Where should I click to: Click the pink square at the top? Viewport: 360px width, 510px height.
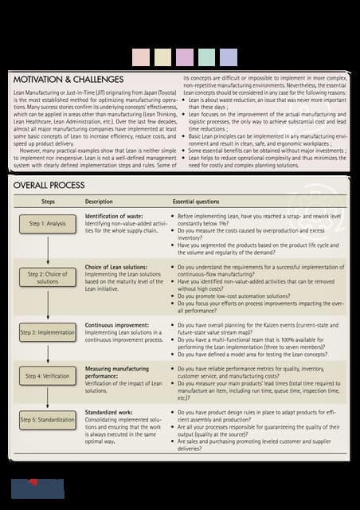click(141, 57)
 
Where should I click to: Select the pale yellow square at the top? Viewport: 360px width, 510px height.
click(162, 57)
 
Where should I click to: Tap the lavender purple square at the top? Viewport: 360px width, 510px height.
click(184, 57)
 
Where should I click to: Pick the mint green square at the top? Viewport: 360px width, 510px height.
click(206, 57)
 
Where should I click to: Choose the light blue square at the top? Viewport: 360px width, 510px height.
click(228, 57)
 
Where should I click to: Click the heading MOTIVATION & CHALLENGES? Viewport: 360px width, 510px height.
click(68, 80)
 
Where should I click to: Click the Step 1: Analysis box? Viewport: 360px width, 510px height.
click(47, 224)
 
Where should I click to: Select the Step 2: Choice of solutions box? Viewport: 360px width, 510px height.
click(47, 277)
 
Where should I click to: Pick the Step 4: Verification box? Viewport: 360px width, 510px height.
click(47, 375)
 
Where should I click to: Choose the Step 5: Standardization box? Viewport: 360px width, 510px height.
click(47, 418)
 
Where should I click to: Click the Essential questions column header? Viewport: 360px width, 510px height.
click(201, 202)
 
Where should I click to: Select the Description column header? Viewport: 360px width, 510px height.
click(99, 202)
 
